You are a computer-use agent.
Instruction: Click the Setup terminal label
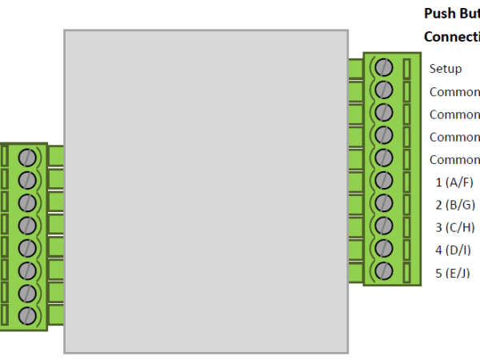click(446, 69)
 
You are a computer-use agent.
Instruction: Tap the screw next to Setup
click(383, 66)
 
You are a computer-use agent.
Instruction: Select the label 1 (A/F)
click(454, 182)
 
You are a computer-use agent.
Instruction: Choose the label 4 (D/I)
click(454, 250)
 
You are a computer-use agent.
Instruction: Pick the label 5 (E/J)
click(453, 274)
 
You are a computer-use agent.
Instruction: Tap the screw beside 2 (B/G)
click(383, 203)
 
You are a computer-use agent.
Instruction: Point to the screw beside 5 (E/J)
click(383, 271)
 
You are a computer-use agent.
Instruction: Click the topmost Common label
click(454, 92)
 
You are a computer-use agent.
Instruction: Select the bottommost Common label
click(454, 159)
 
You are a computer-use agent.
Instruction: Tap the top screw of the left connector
click(29, 157)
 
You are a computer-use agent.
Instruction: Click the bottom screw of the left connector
click(29, 315)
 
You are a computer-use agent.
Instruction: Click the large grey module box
click(206, 191)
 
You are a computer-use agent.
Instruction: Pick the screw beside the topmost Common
click(383, 89)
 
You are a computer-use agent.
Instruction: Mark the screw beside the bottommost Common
click(383, 158)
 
